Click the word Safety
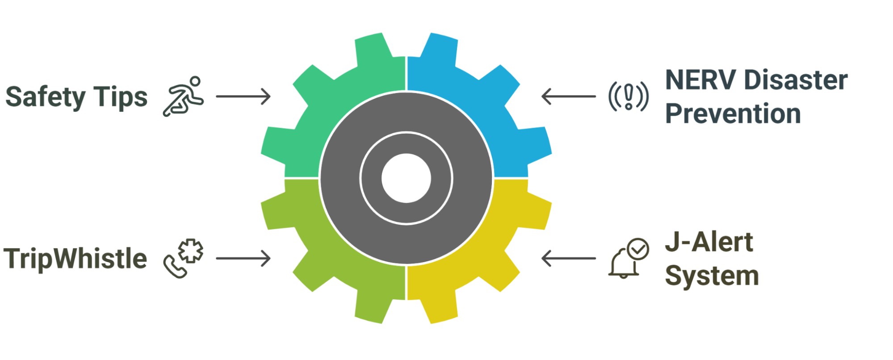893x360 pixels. click(x=45, y=97)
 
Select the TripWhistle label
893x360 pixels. click(x=75, y=259)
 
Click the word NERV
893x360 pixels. click(x=700, y=80)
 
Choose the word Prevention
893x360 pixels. click(x=733, y=113)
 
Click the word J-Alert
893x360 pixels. click(x=709, y=243)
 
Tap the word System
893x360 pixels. click(x=712, y=276)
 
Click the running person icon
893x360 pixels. click(x=183, y=96)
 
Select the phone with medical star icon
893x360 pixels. click(x=183, y=259)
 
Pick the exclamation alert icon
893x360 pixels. click(x=628, y=96)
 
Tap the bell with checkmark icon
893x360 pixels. click(x=628, y=259)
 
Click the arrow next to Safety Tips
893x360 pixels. click(x=243, y=96)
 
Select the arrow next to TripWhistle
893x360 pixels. click(x=243, y=259)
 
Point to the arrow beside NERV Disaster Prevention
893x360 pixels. click(x=568, y=96)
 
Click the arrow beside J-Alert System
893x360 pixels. click(x=568, y=259)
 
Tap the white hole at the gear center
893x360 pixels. click(x=406, y=178)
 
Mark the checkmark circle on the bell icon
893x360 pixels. click(x=638, y=249)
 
